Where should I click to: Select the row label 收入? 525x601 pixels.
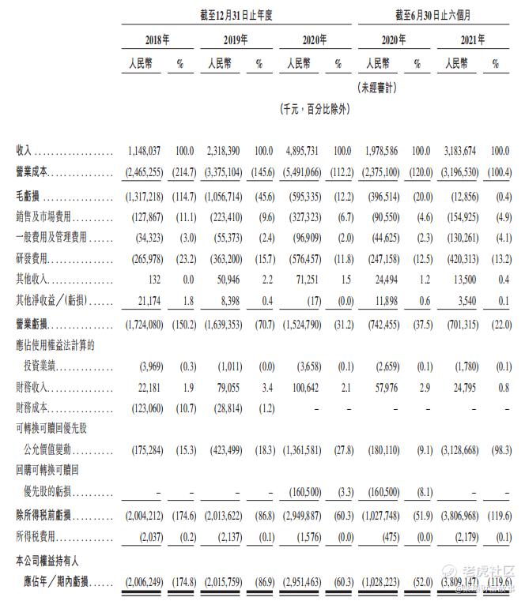tap(25, 150)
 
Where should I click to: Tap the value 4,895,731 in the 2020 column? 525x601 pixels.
tap(302, 150)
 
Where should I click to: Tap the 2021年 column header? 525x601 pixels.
tap(459, 39)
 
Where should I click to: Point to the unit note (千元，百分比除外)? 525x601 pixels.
tap(315, 109)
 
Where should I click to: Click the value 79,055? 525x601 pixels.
tap(225, 386)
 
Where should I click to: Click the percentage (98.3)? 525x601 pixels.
tap(496, 450)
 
